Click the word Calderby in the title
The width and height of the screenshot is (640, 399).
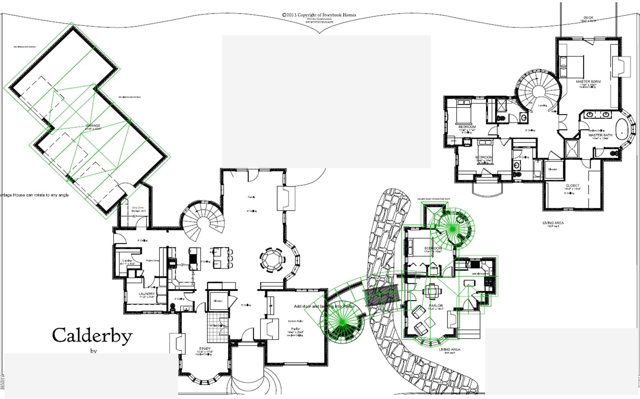(92, 335)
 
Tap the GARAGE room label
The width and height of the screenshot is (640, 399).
(93, 126)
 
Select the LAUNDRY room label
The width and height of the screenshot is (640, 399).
(146, 294)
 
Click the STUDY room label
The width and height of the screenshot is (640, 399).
(205, 348)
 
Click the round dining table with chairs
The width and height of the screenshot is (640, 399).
(271, 259)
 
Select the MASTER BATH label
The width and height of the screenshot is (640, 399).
(600, 135)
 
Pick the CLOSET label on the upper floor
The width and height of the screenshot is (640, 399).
(572, 186)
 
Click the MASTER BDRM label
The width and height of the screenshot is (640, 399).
(588, 82)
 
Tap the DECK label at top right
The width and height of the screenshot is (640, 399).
(588, 18)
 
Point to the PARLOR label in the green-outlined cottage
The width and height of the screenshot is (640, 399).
(435, 306)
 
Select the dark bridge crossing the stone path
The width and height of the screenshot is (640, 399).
(382, 297)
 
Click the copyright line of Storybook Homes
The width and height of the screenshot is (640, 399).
(319, 15)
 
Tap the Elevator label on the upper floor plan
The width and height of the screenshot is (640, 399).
(553, 169)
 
